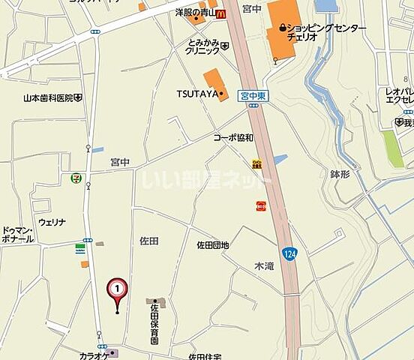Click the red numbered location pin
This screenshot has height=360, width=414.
click(x=117, y=289)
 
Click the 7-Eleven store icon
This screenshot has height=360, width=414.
click(x=76, y=178)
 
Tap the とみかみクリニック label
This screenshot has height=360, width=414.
click(x=203, y=47)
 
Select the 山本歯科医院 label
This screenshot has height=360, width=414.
click(x=49, y=97)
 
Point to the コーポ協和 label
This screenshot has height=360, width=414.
click(x=233, y=138)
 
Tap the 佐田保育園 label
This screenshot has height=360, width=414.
click(x=154, y=323)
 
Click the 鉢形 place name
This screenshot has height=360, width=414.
click(x=340, y=174)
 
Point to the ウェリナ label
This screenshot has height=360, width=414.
click(x=52, y=222)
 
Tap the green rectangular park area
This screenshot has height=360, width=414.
click(x=392, y=148)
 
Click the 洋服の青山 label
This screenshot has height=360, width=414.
click(x=195, y=13)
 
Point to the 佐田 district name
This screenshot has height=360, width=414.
click(x=149, y=240)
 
